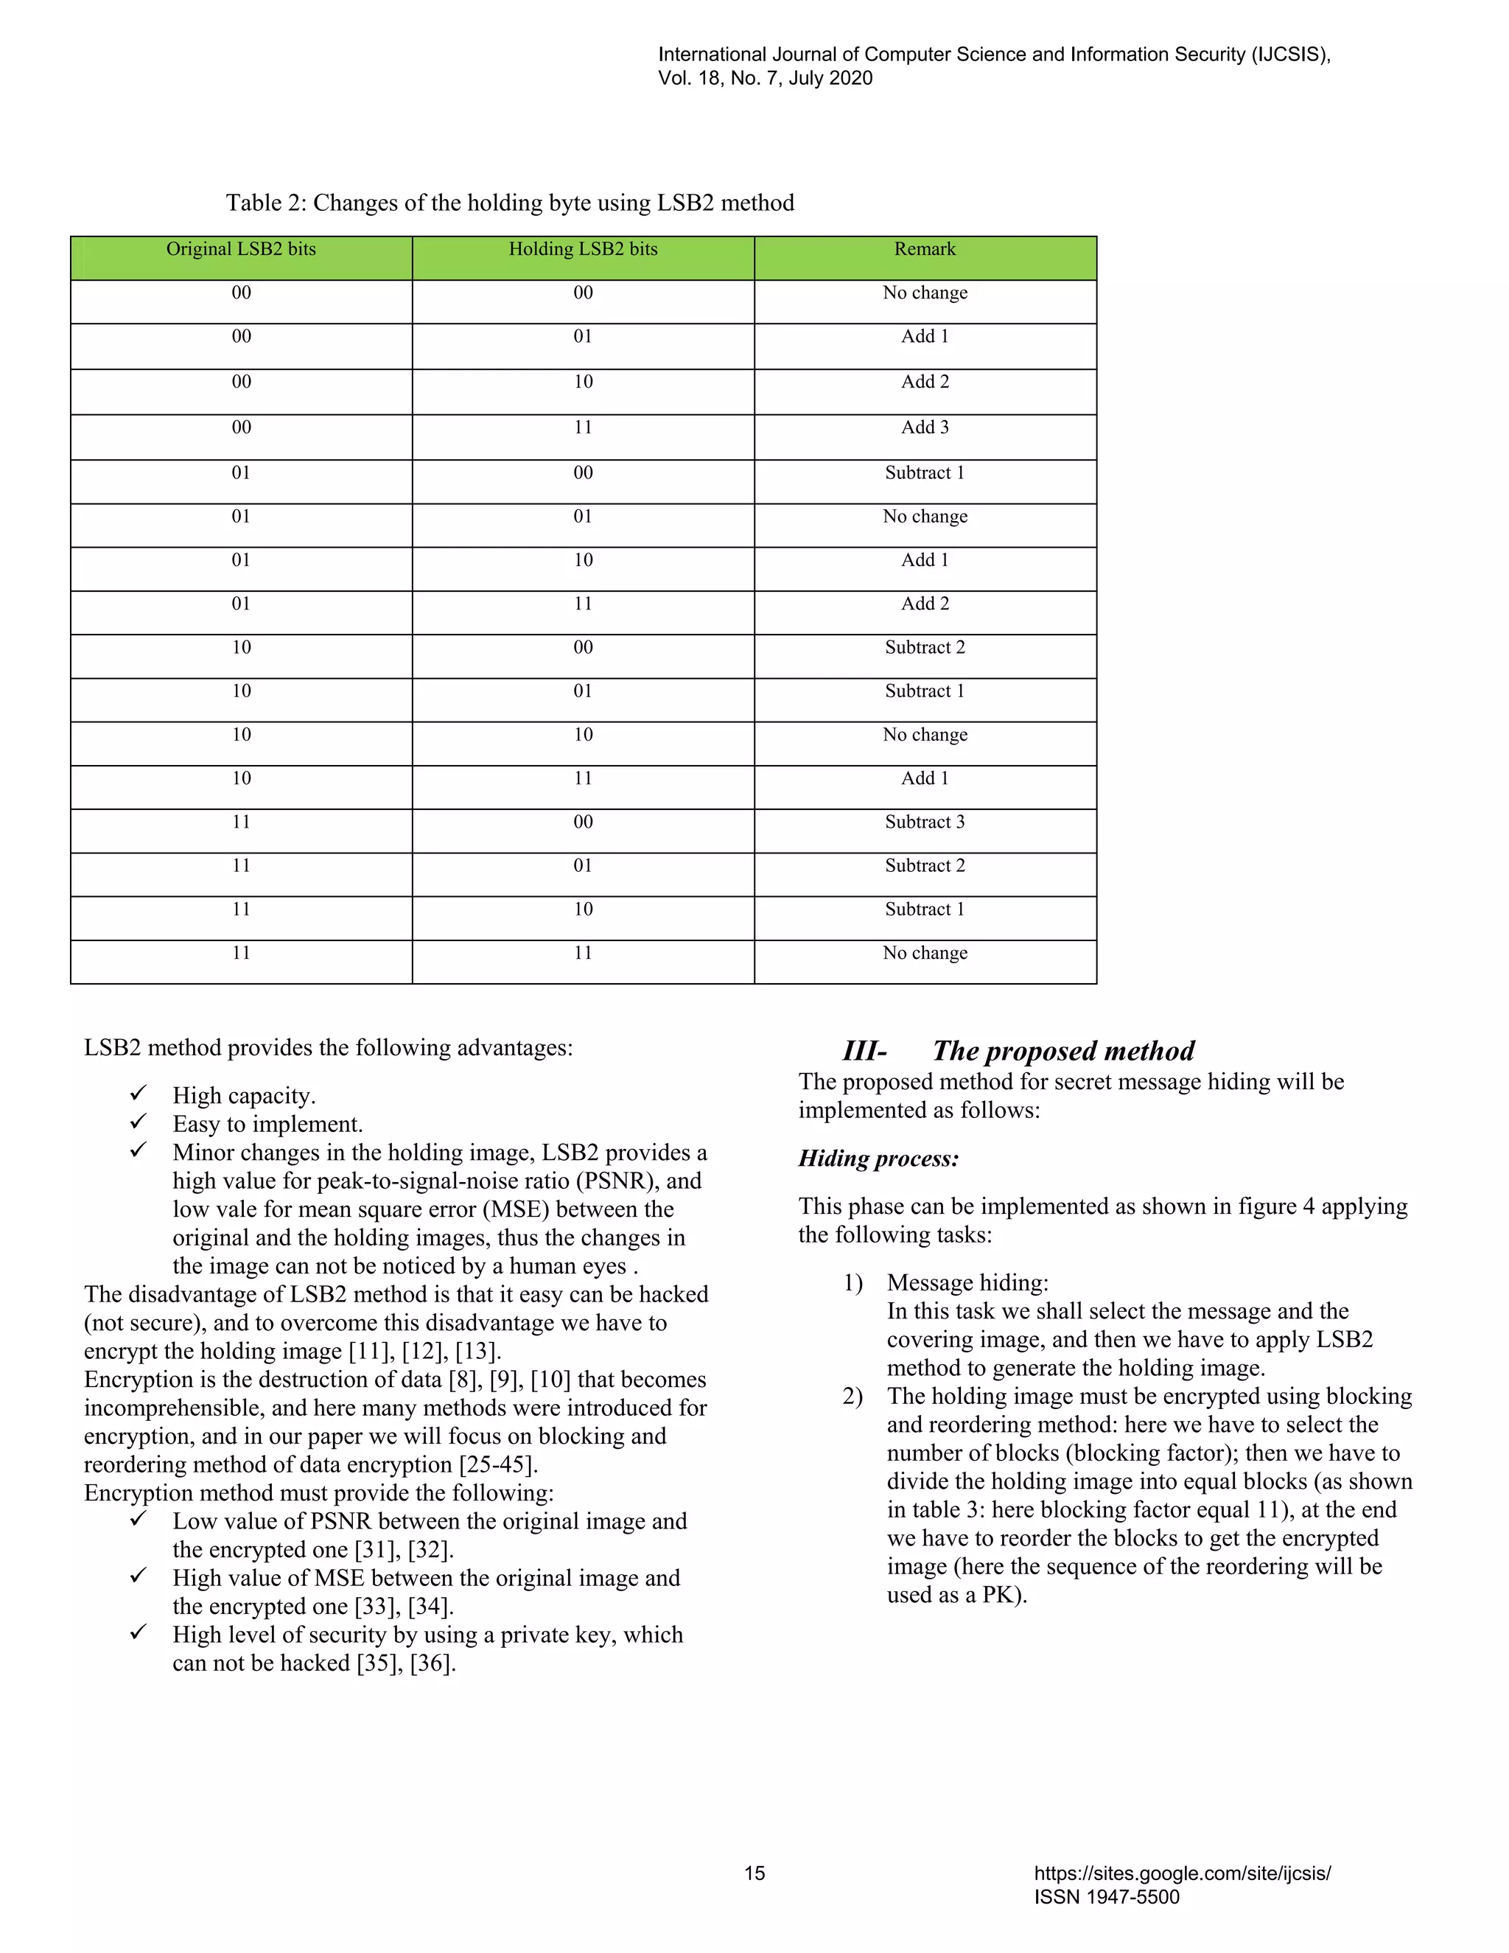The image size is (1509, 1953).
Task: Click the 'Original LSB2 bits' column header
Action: pos(242,250)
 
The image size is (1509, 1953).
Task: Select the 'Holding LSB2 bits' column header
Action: pos(583,250)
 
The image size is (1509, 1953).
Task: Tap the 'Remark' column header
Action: pos(925,250)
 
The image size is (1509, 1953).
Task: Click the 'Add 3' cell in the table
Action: pos(925,427)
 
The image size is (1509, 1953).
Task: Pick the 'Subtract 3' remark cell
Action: pos(925,822)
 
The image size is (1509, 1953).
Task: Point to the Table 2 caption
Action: pos(510,203)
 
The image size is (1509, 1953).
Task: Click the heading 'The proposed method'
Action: pos(1063,1051)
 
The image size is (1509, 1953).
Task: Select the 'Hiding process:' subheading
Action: pos(878,1159)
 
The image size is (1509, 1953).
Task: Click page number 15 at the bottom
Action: pos(754,1873)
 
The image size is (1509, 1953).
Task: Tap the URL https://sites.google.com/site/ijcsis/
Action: pos(1182,1873)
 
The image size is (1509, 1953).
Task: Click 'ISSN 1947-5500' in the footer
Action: pos(1106,1897)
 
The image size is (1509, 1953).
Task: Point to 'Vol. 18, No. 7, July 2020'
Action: pos(766,79)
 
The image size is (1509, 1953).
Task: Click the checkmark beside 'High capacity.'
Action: pos(139,1094)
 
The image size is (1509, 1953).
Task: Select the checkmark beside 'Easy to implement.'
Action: pos(139,1122)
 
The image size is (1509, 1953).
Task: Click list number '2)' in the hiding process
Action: pos(852,1397)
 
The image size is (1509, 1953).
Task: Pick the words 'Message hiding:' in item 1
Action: pos(967,1283)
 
